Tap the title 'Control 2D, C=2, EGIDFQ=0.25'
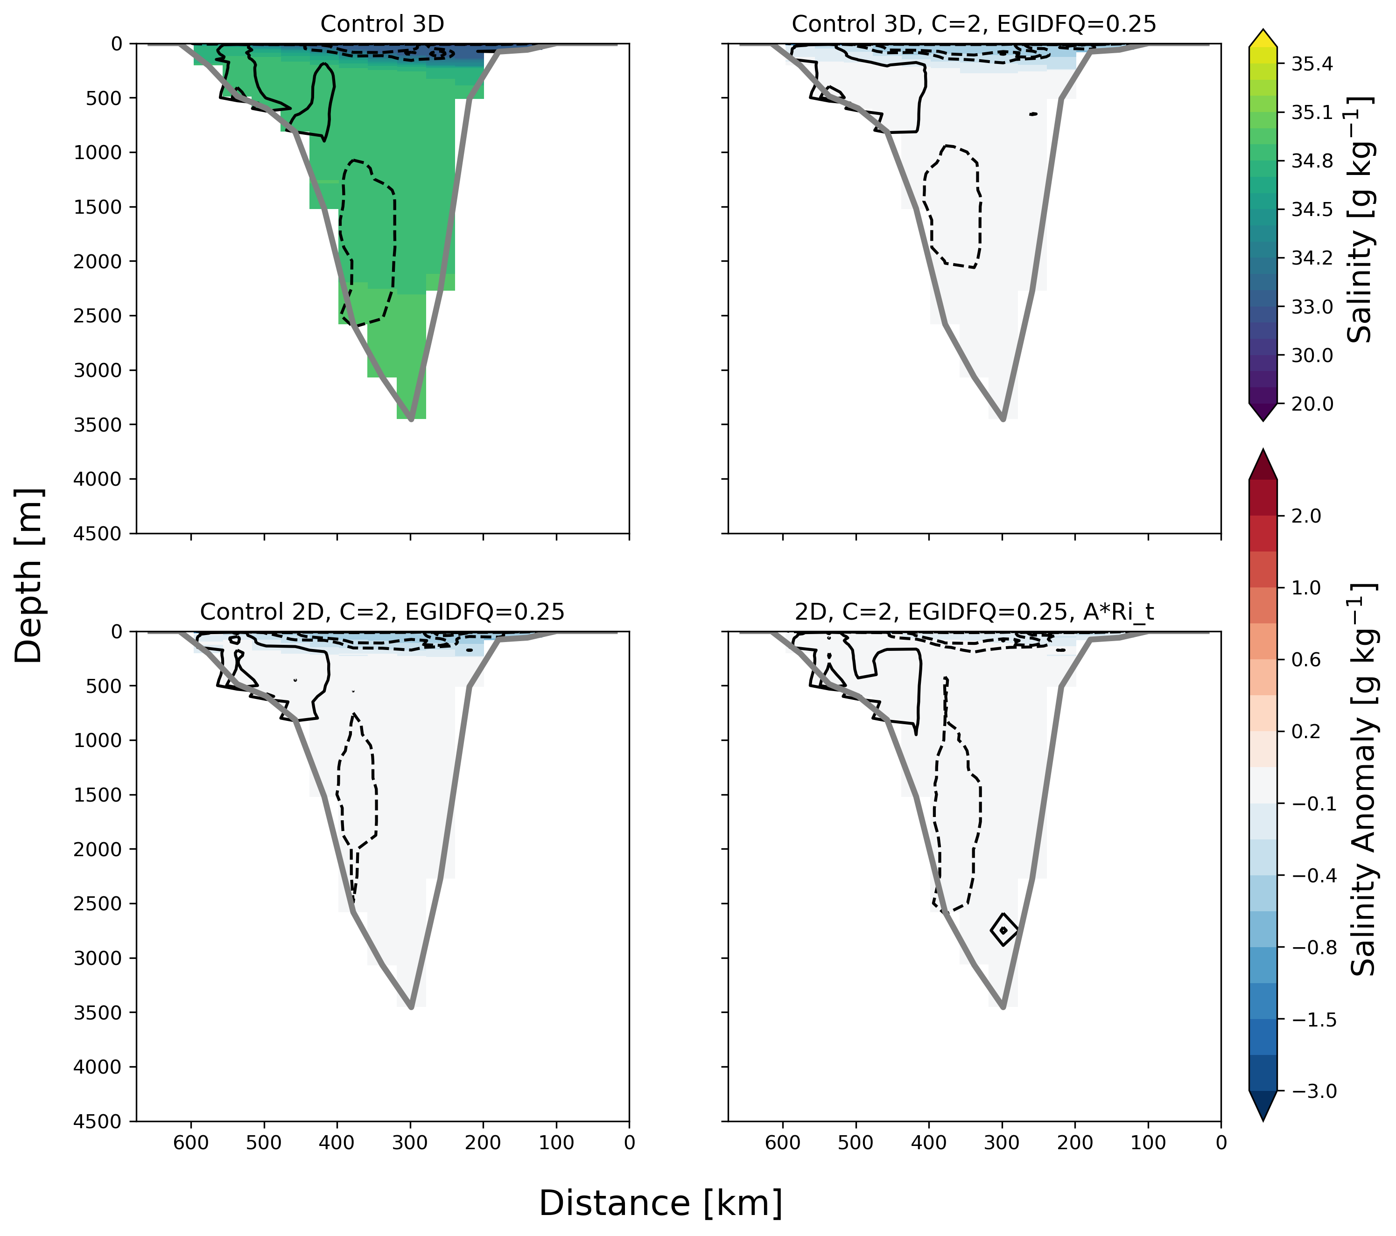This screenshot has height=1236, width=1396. click(382, 611)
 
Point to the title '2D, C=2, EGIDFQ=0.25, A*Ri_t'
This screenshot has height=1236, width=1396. click(974, 612)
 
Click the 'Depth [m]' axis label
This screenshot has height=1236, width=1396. click(28, 576)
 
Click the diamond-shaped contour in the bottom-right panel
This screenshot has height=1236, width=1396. click(1003, 929)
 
